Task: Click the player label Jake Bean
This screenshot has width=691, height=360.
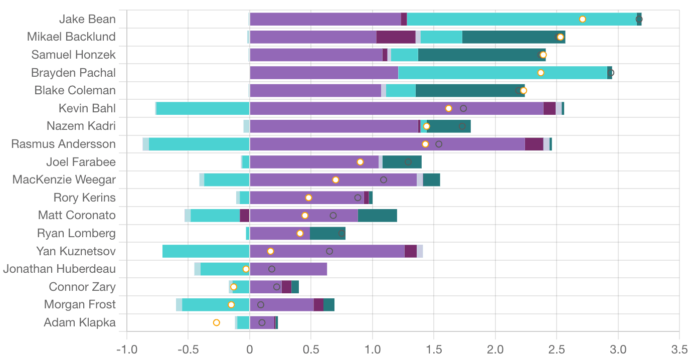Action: pyautogui.click(x=88, y=19)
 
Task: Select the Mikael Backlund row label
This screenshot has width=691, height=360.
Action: pyautogui.click(x=71, y=37)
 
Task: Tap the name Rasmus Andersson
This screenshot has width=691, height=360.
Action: pyautogui.click(x=63, y=144)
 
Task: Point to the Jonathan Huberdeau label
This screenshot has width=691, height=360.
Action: pyautogui.click(x=59, y=269)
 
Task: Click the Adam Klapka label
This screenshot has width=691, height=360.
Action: pyautogui.click(x=80, y=322)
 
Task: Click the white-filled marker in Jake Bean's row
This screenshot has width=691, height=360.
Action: pyautogui.click(x=582, y=19)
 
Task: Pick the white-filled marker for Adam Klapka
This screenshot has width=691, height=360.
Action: pyautogui.click(x=217, y=322)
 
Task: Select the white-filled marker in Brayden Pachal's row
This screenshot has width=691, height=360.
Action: pyautogui.click(x=541, y=73)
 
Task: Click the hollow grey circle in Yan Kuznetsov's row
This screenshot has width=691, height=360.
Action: pyautogui.click(x=329, y=251)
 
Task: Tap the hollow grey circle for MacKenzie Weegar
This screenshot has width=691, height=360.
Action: pyautogui.click(x=384, y=179)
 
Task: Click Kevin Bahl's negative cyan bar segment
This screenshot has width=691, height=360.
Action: pyautogui.click(x=203, y=108)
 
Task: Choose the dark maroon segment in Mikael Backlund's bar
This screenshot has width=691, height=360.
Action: pyautogui.click(x=396, y=37)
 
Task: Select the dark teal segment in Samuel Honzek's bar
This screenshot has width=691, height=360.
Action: pyautogui.click(x=479, y=55)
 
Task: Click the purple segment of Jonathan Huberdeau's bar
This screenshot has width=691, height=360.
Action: pyautogui.click(x=288, y=269)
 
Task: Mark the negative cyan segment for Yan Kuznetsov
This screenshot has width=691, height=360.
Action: pyautogui.click(x=206, y=251)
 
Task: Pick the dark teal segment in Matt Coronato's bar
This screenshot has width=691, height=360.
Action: pyautogui.click(x=377, y=216)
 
